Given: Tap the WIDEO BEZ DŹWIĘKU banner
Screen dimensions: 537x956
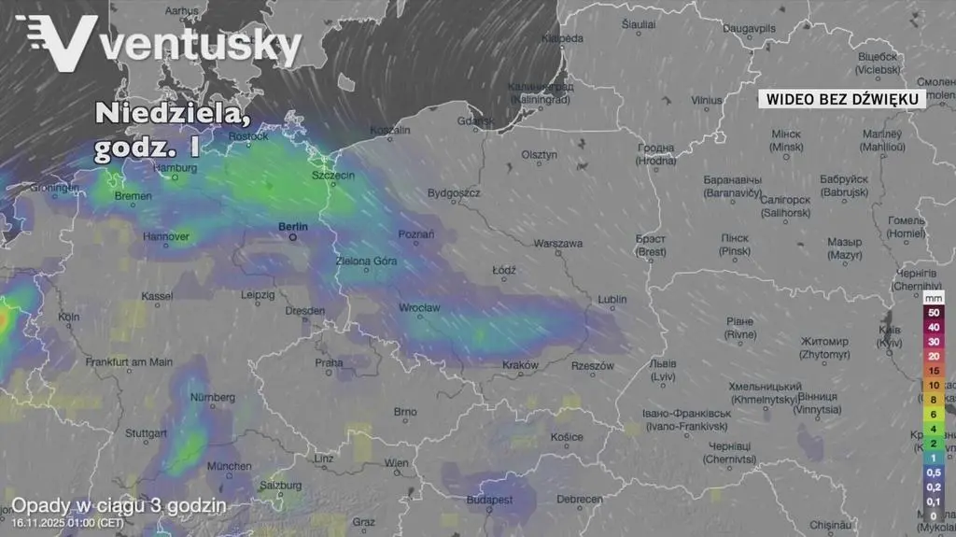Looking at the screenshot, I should click(x=842, y=98).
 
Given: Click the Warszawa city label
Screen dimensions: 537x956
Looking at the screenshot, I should click(x=558, y=244).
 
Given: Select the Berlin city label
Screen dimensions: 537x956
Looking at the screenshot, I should click(x=292, y=226).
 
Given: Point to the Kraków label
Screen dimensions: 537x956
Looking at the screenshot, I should click(x=520, y=364).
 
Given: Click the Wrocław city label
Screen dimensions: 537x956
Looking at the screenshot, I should click(x=419, y=307).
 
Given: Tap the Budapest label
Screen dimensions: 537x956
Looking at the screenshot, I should click(x=490, y=500).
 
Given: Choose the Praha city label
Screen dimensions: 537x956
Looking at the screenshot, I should click(x=329, y=362).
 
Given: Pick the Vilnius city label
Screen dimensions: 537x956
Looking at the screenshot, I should click(x=707, y=100).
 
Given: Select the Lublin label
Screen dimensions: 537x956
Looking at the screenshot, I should click(x=612, y=299).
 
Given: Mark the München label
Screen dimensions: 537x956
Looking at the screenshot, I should click(x=229, y=466).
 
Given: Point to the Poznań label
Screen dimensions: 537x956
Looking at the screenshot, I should click(x=415, y=234).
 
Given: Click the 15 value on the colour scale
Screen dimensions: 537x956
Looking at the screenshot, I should click(x=933, y=371).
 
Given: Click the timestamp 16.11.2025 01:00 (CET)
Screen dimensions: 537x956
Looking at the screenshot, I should click(x=66, y=523).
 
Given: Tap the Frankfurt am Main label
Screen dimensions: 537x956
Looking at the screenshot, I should click(x=129, y=361).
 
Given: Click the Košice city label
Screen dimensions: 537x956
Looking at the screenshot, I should click(x=566, y=437).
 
